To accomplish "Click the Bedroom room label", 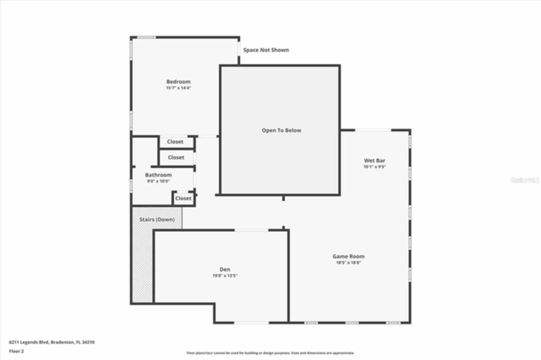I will click(178, 82).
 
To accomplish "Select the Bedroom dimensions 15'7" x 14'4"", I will click(178, 88).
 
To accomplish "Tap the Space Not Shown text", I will click(266, 50).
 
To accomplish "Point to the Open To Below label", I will click(281, 131).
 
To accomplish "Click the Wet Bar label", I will click(374, 161).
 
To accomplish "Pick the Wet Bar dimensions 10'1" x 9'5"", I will click(374, 167).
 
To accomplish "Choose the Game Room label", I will click(348, 256).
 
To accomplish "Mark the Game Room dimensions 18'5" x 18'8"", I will click(348, 262).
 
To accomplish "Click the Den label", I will click(224, 270).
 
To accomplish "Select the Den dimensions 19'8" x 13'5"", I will click(224, 276).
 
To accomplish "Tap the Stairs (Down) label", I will click(157, 220).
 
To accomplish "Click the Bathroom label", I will click(158, 175).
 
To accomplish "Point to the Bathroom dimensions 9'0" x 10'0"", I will click(158, 181).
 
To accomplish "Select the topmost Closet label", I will click(175, 142).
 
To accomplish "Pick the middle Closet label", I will click(176, 157).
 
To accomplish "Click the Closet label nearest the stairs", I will click(183, 198).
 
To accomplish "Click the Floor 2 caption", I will click(16, 351).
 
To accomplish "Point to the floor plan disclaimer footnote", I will click(270, 353).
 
